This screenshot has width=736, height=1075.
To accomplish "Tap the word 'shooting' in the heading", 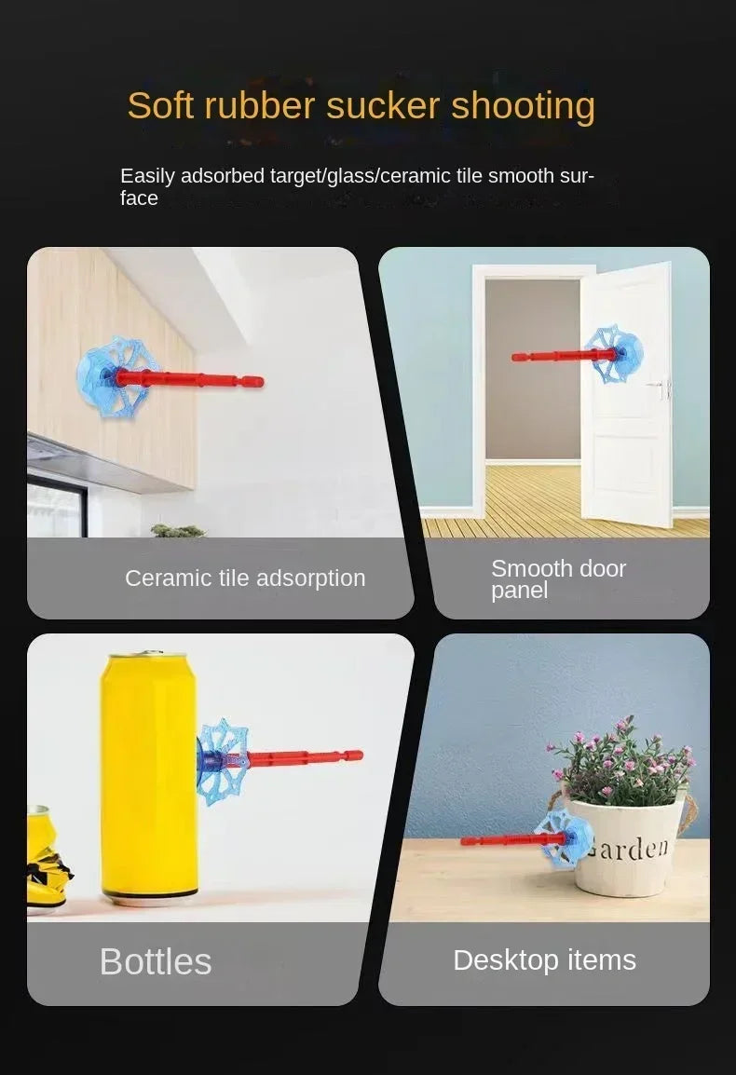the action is [x=523, y=107].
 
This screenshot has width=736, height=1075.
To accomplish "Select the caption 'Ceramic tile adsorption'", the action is [x=245, y=578].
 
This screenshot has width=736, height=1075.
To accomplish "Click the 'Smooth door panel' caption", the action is [x=558, y=579].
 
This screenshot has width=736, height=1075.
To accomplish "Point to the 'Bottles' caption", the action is [x=156, y=961].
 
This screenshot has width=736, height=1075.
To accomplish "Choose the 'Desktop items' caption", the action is [x=545, y=960].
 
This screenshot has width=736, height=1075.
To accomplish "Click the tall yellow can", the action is [x=149, y=778].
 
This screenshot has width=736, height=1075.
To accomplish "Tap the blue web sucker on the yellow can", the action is [x=223, y=761].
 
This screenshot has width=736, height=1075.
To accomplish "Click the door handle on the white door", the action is [x=663, y=388].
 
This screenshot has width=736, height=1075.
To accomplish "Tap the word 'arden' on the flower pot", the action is [x=630, y=848].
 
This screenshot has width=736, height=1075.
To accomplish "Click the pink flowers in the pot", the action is [x=620, y=761].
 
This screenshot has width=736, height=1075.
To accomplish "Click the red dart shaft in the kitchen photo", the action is [x=188, y=379].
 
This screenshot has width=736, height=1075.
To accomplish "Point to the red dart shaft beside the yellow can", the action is [x=302, y=757].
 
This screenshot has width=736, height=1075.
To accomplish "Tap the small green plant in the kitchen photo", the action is [x=178, y=530].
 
